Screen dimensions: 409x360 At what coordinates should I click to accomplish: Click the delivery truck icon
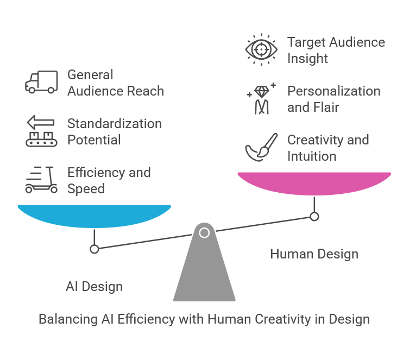coord(41,82)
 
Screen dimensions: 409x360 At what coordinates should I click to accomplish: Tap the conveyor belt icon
coord(41,131)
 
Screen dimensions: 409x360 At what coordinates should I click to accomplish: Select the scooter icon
coord(41,180)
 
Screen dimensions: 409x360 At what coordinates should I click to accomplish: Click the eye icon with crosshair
coord(261,49)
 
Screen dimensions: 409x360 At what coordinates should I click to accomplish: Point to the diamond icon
coord(261,92)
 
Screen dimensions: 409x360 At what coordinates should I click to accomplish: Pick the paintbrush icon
coord(261,147)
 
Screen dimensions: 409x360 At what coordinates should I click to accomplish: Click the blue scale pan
coord(94,216)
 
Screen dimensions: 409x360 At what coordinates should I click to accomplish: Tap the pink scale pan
coord(314,183)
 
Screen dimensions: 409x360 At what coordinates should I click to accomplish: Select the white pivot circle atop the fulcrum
coord(204,233)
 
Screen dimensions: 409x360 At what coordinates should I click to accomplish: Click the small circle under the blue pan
coord(94,249)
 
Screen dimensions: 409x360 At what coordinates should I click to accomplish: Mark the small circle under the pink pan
coord(314,217)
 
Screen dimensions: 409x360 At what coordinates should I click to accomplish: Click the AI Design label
coord(94,287)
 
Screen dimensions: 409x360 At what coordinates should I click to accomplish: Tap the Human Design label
coord(314,254)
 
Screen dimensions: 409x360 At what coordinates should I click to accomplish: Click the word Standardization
coord(115,124)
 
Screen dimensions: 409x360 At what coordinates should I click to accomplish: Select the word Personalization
coord(334,91)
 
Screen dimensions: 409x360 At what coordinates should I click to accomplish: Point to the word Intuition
coord(312,156)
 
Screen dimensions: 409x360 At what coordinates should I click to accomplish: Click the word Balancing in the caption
coord(68,319)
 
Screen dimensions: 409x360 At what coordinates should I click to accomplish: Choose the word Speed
coord(86,189)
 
